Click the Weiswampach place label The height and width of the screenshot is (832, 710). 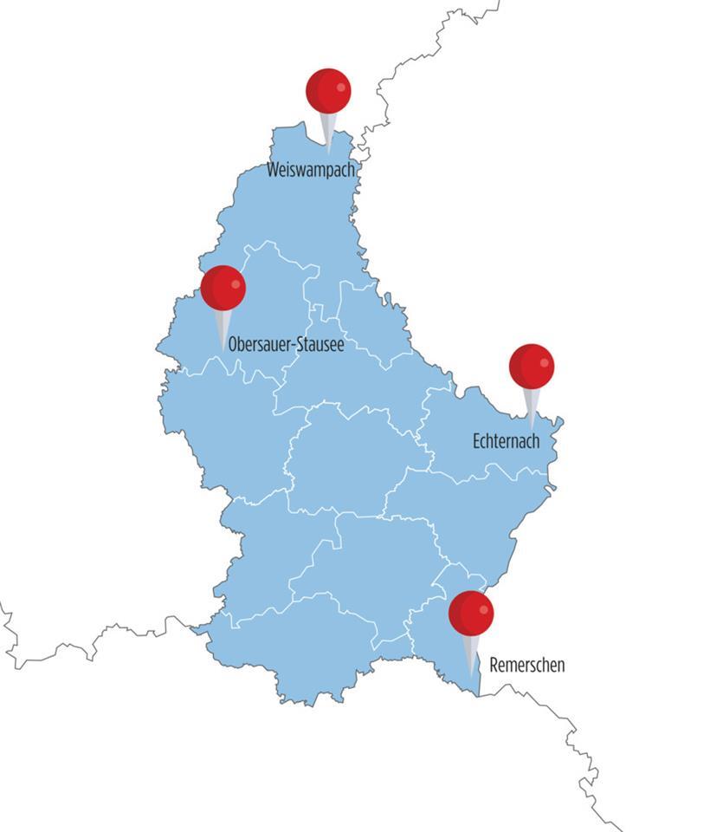click(x=311, y=170)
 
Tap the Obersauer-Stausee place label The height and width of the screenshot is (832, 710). click(x=286, y=345)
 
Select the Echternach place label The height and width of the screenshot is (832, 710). click(x=506, y=441)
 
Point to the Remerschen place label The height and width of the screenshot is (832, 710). click(x=526, y=666)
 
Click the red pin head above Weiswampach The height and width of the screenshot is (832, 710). click(x=328, y=91)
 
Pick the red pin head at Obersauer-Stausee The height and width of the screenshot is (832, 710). click(x=223, y=288)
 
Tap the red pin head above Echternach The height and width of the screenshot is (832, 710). click(x=531, y=366)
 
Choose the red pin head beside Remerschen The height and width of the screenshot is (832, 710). click(x=471, y=613)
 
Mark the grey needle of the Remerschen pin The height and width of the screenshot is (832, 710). click(x=471, y=654)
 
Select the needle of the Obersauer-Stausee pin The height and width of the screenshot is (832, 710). click(x=223, y=329)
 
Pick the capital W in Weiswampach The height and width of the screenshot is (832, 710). click(x=274, y=170)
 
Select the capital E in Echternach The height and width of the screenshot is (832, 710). click(x=477, y=441)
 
